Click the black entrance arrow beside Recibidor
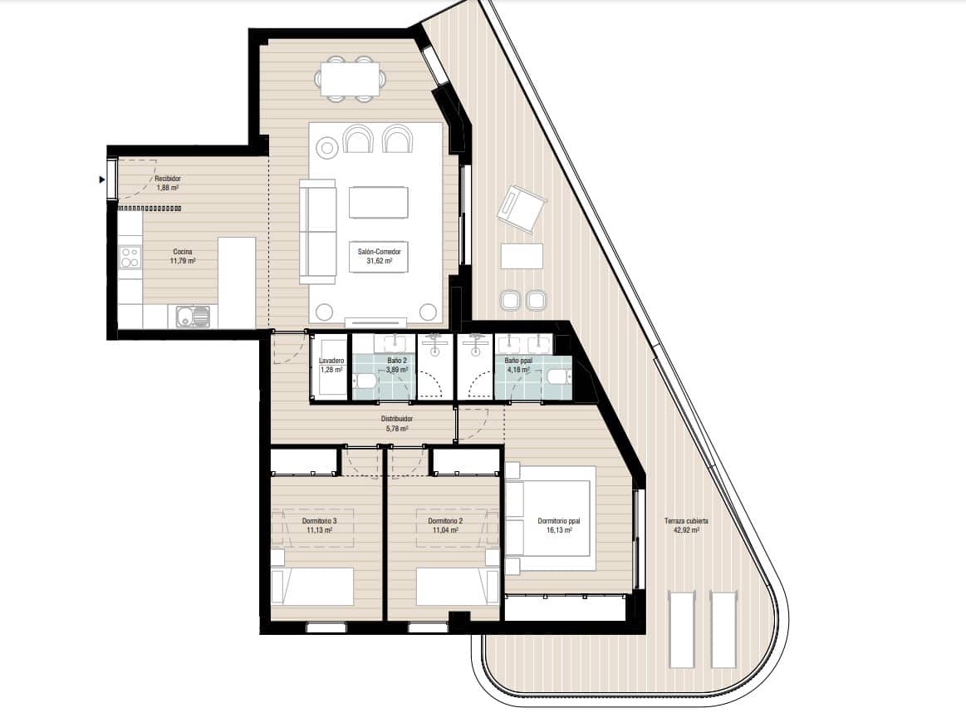tap(102, 179)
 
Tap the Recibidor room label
tap(168, 179)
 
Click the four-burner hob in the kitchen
tap(130, 257)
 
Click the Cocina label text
tap(184, 252)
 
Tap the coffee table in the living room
tap(378, 202)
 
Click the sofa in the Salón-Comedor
tap(317, 232)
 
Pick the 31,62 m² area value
tap(379, 260)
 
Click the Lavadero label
tap(331, 361)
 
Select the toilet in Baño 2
tap(364, 381)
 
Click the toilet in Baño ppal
tap(557, 379)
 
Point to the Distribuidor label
tap(397, 420)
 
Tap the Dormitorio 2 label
tap(445, 521)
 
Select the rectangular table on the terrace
tap(522, 256)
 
